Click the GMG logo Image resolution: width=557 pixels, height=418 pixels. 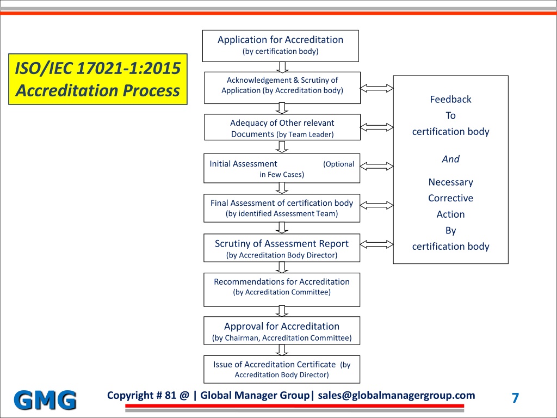click(x=45, y=400)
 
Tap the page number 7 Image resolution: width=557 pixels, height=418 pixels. click(x=515, y=398)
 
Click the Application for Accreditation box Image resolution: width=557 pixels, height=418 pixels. click(x=280, y=46)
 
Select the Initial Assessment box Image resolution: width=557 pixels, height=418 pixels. click(x=282, y=168)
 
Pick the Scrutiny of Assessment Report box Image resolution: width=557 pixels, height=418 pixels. click(x=282, y=248)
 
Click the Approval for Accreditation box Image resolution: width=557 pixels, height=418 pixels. click(x=282, y=330)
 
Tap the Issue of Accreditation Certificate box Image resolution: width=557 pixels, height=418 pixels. click(x=282, y=370)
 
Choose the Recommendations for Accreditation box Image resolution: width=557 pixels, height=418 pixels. click(x=282, y=290)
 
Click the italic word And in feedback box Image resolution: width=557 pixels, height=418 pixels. click(x=450, y=159)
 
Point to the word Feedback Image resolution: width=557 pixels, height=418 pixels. click(x=450, y=99)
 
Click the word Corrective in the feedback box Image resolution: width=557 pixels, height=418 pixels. click(x=450, y=198)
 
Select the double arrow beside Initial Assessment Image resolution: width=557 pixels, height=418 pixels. click(x=376, y=166)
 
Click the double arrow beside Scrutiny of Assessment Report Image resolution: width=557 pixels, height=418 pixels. click(x=376, y=244)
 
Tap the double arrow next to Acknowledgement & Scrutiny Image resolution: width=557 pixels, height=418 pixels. click(x=376, y=88)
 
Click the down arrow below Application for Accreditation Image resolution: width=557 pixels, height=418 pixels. click(x=282, y=67)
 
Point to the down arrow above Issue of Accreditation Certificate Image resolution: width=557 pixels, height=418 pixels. click(x=282, y=350)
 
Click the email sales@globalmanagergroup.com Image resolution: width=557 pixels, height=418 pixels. click(x=397, y=396)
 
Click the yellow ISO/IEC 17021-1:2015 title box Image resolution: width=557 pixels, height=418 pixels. click(x=98, y=79)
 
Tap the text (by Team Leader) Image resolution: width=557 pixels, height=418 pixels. click(x=305, y=134)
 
